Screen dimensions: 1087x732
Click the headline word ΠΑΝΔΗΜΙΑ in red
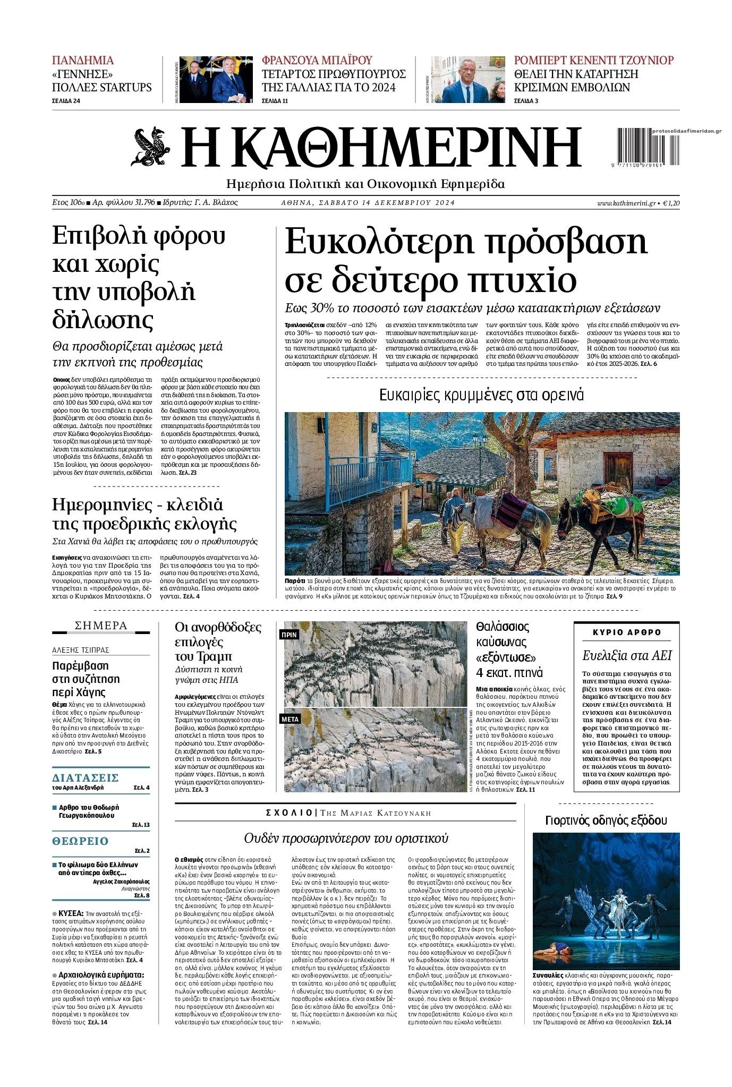point(83,61)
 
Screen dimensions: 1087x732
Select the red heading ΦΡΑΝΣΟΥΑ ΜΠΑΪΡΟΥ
point(317,61)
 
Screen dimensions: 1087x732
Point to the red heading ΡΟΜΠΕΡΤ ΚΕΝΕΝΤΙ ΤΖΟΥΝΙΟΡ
point(593,61)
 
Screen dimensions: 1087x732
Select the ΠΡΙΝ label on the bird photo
point(290,635)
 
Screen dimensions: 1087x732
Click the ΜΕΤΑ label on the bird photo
point(291,719)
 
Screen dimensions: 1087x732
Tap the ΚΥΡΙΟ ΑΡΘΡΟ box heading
point(627,632)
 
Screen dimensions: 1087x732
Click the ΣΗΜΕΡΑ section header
point(101,626)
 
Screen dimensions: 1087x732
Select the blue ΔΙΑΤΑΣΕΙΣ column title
point(85,778)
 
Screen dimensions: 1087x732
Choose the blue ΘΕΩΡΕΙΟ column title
point(80,841)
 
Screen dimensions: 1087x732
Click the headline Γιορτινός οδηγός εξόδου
point(606,820)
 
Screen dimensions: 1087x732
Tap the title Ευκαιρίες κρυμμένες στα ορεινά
point(481,395)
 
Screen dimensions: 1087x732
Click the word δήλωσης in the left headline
point(103,320)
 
